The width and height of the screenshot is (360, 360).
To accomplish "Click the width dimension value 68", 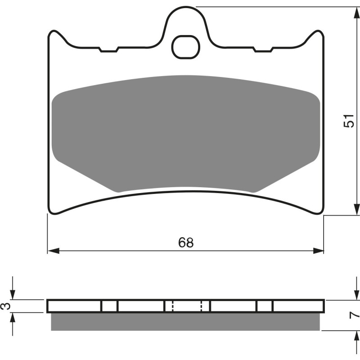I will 185,243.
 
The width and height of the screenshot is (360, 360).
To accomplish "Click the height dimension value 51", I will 348,121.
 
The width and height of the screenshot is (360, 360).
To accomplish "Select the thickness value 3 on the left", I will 5,306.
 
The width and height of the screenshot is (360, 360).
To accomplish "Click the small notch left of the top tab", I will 108,50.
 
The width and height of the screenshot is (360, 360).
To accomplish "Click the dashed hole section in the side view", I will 187,306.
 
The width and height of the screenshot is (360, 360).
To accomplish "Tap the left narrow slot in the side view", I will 109,306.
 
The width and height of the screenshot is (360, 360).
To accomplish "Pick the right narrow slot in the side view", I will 265,306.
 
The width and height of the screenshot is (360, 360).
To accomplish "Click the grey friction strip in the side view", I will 185,321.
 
